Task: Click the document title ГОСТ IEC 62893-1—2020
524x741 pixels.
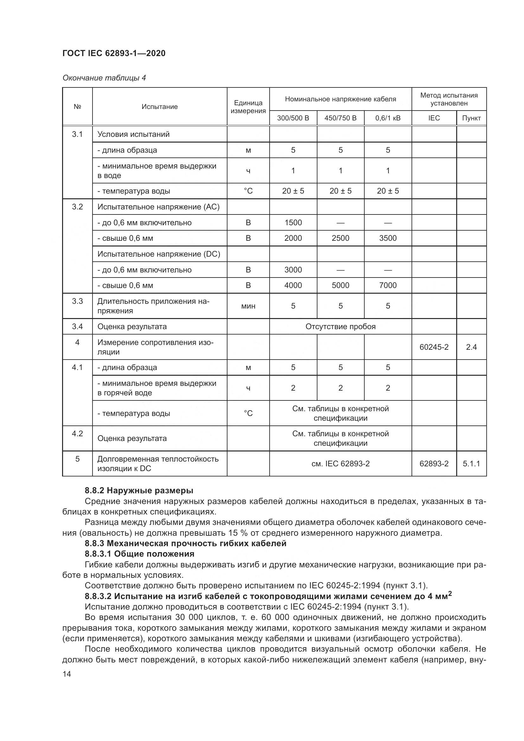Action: pos(114,53)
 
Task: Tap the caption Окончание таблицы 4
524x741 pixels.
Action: pos(104,78)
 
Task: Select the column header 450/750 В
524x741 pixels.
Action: pos(340,118)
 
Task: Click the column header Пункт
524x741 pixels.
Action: pos(471,118)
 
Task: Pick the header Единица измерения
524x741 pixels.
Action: pos(248,107)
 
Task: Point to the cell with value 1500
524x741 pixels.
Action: pos(293,223)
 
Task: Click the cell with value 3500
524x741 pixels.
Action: pos(388,238)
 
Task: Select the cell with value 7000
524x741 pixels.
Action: pos(388,285)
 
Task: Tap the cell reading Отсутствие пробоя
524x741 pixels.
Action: pos(340,327)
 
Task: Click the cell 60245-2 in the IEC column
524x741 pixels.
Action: pos(434,347)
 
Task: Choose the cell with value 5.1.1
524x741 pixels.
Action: pos(471,464)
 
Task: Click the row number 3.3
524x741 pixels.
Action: pos(77,301)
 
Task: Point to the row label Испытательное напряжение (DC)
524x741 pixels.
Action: pos(159,254)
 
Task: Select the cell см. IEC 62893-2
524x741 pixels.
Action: pos(340,464)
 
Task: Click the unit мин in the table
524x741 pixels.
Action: pos(248,306)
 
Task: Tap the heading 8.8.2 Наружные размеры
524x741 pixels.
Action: pos(139,490)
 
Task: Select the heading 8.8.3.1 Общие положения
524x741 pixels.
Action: pos(139,554)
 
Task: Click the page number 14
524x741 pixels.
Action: pos(67,674)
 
